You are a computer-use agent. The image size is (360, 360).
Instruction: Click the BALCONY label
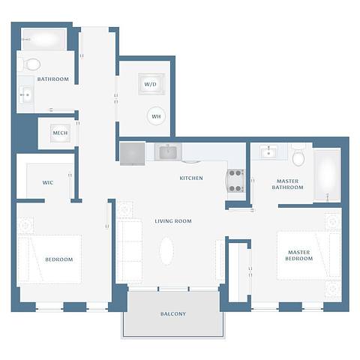pos(172,313)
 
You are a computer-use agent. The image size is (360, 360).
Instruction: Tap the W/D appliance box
pos(151,85)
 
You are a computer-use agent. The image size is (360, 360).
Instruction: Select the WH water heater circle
pos(157,116)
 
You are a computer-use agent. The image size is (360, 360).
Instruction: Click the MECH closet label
pos(60,134)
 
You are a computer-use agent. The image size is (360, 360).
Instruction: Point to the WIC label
pos(47,182)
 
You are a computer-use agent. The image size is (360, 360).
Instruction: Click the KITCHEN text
pos(191,178)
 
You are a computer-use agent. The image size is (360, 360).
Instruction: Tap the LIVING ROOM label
pos(173,221)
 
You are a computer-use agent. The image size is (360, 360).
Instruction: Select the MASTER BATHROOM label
pos(289,184)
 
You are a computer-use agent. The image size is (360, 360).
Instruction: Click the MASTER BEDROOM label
pos(298,255)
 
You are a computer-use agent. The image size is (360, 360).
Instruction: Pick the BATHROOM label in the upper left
pos(53,79)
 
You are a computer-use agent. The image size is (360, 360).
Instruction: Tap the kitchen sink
pos(167,152)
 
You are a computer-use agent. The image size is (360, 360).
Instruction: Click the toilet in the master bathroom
pos(298,156)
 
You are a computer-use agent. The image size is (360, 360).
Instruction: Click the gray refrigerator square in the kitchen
pos(133,153)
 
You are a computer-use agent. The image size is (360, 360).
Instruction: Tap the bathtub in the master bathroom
pos(328,175)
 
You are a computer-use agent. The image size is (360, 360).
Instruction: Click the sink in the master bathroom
pos(268,153)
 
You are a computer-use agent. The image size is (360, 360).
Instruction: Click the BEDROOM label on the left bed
pos(59,259)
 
